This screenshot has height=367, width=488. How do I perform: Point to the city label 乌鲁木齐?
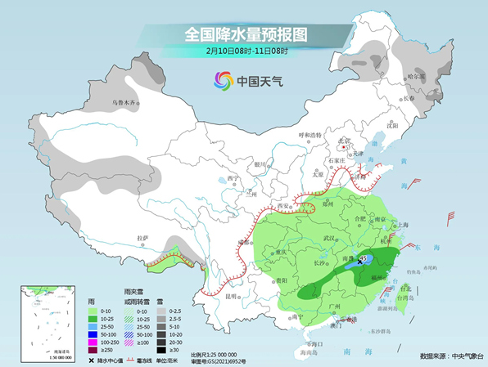pyautogui.click(x=126, y=103)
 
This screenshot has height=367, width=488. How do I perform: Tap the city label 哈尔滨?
pyautogui.click(x=417, y=77)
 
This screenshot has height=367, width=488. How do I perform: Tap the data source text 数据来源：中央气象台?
pyautogui.click(x=447, y=356)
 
